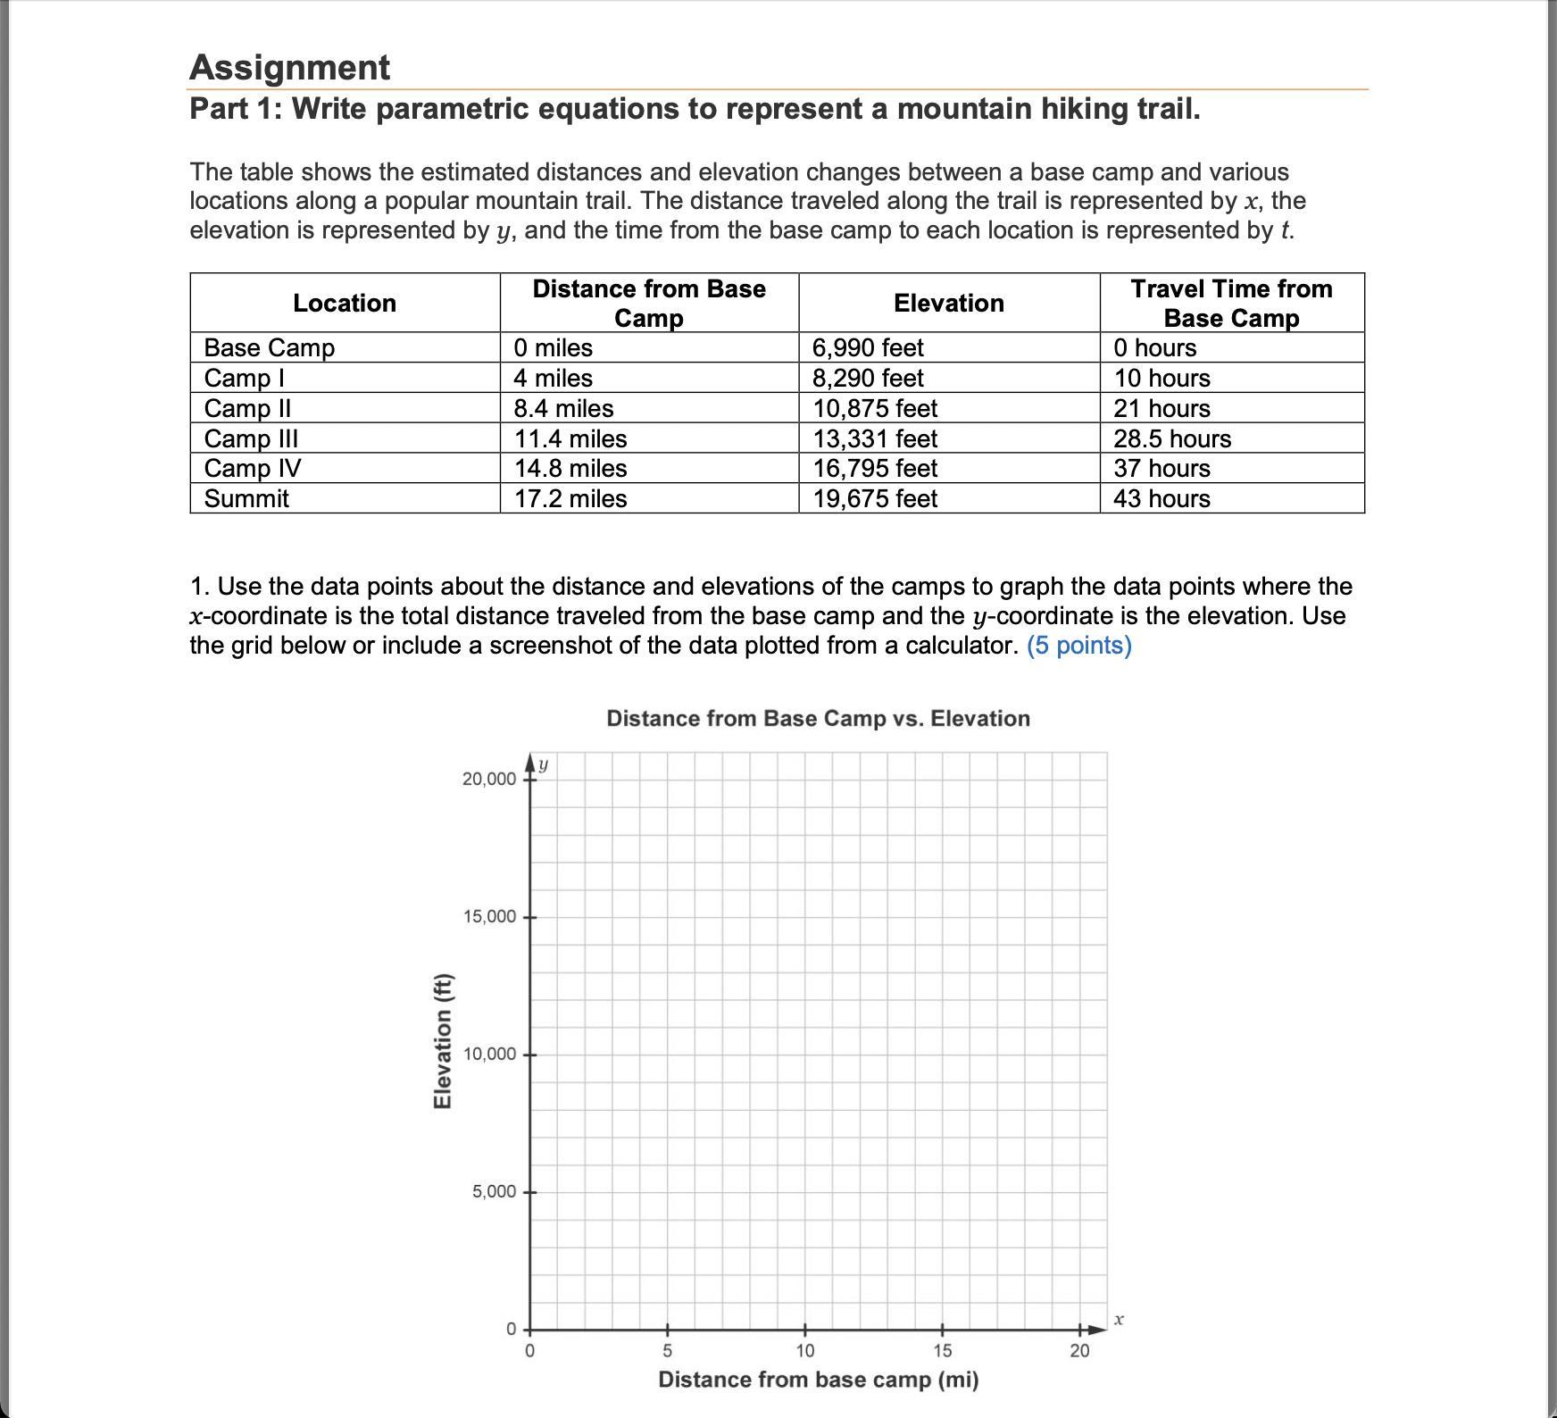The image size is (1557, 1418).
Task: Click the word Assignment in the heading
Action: (289, 68)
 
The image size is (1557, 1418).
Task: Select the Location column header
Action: (345, 304)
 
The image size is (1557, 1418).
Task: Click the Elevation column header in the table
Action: (948, 304)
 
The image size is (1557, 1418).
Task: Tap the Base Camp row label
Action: (270, 347)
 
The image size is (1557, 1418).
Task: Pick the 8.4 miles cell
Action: (563, 408)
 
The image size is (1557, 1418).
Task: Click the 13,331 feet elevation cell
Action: (874, 438)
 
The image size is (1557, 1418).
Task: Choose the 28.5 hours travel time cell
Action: (1171, 438)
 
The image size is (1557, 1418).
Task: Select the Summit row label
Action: (246, 498)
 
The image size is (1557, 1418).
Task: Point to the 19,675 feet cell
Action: (874, 498)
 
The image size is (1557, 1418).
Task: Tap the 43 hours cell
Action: (1161, 498)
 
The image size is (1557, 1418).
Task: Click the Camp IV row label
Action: (253, 468)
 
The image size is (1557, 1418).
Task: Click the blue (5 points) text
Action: (1078, 646)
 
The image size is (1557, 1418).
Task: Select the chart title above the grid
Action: (818, 719)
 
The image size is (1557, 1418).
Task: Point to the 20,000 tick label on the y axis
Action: (488, 780)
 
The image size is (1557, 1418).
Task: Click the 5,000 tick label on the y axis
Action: (494, 1192)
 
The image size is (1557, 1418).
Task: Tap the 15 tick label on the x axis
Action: (942, 1351)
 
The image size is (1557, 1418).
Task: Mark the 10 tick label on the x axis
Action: (804, 1351)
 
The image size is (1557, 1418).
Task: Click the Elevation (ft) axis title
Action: (442, 1041)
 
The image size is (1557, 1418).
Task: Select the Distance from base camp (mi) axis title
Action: (818, 1380)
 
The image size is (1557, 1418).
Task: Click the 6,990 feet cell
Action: (867, 347)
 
